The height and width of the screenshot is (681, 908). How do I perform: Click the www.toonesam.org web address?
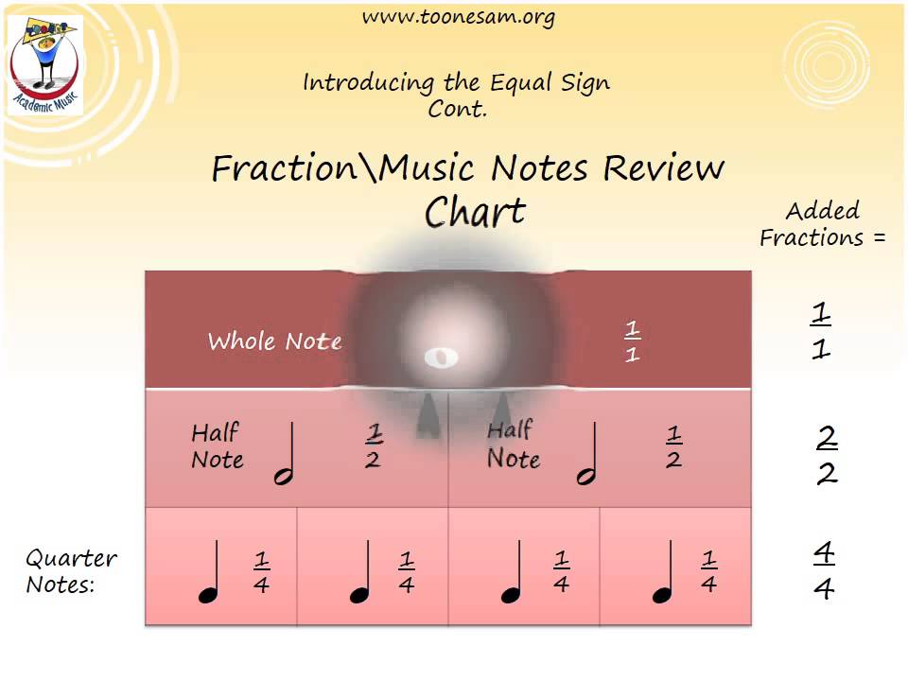point(458,17)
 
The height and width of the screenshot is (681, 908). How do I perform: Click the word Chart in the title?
point(475,212)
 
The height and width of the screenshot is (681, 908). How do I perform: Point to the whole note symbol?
point(441,358)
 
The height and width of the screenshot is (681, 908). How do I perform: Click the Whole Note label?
point(274,340)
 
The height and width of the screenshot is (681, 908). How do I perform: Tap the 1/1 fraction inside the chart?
point(633,341)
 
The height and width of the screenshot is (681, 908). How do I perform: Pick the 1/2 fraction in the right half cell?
point(673,447)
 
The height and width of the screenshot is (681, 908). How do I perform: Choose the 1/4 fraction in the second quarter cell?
point(407,572)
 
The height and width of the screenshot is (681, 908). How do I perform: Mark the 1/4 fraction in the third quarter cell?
point(561,572)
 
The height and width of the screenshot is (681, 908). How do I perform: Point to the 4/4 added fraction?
point(824,571)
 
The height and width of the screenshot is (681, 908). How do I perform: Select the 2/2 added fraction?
point(827,456)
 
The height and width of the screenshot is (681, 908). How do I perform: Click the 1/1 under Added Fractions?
point(820,331)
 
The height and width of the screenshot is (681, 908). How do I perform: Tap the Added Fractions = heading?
point(822,224)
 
